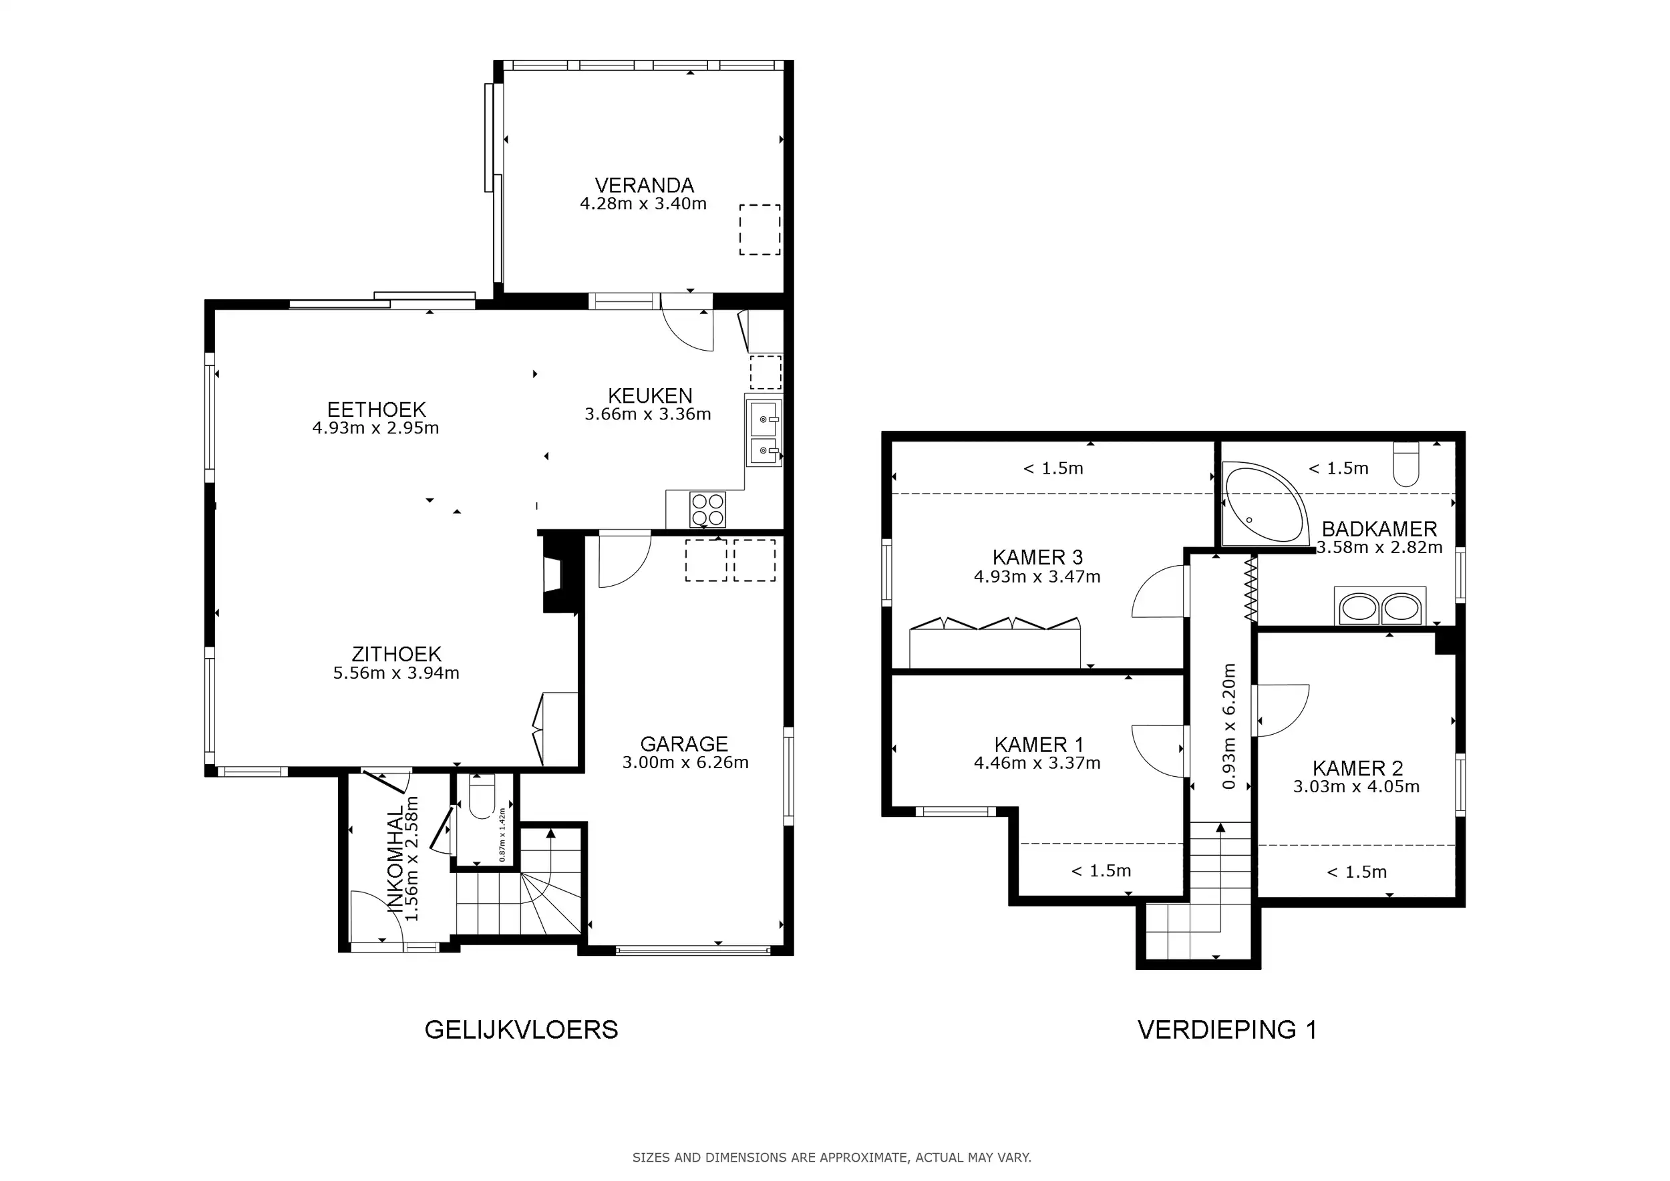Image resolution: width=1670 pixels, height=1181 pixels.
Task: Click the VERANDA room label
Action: click(x=644, y=186)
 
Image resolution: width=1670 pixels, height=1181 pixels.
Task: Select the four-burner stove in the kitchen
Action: click(x=707, y=509)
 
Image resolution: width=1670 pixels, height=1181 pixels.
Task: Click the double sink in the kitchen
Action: click(x=763, y=433)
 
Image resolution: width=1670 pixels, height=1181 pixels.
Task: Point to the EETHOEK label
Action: click(x=376, y=409)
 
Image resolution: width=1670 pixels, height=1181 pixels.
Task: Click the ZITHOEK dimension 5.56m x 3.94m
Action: click(x=396, y=673)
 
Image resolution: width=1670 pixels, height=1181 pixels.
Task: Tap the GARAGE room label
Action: click(x=684, y=744)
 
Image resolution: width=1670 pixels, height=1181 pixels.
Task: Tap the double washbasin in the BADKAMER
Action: click(x=1380, y=607)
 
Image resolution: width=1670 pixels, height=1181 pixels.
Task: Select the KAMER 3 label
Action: click(x=1037, y=558)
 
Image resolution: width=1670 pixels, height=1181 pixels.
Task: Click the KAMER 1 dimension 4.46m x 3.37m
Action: click(x=1037, y=764)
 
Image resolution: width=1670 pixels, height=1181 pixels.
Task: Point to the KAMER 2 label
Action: click(x=1357, y=768)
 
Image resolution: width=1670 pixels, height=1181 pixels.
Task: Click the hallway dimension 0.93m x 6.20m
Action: click(x=1228, y=725)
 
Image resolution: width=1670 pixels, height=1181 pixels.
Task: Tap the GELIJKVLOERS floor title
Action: click(x=521, y=1030)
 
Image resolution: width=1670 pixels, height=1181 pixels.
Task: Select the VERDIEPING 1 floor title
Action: click(x=1227, y=1030)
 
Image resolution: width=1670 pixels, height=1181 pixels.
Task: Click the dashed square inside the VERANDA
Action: click(x=760, y=230)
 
